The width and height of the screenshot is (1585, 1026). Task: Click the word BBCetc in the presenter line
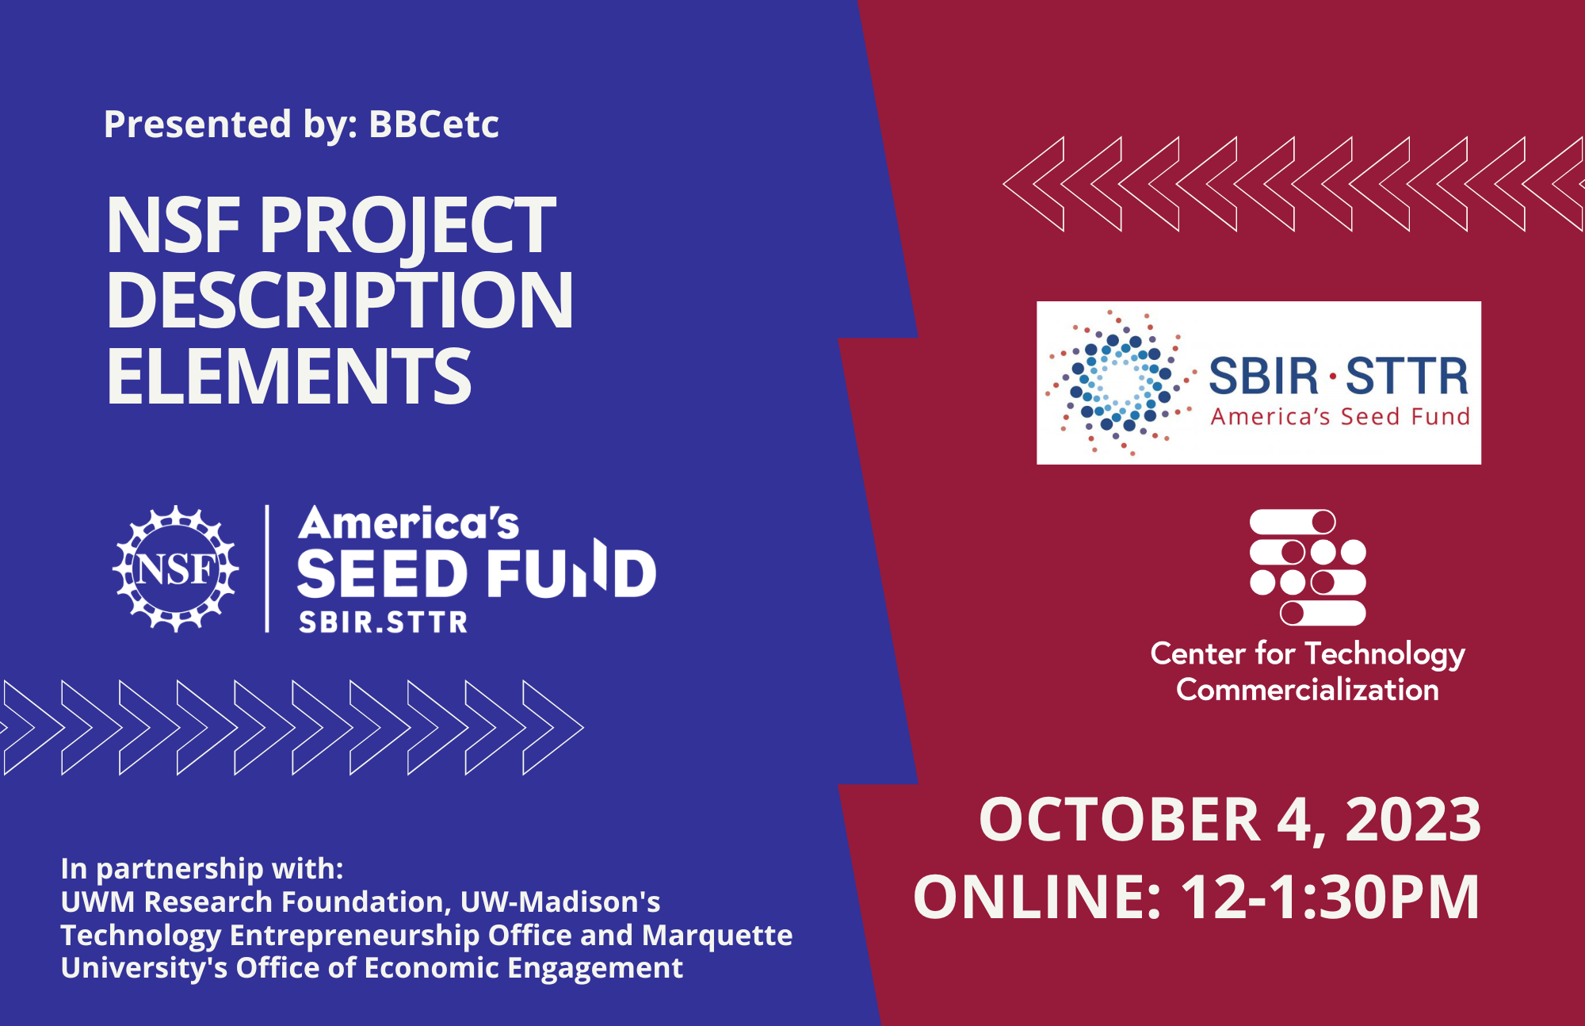pos(433,124)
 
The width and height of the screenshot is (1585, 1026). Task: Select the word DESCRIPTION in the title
pos(339,301)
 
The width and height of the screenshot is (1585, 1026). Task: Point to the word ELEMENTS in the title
pos(289,377)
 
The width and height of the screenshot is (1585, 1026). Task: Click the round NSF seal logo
pos(175,569)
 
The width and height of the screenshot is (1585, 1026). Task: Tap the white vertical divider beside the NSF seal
pos(267,569)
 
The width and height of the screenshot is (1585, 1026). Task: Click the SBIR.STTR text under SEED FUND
pos(383,622)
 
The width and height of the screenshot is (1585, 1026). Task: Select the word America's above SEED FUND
pos(408,524)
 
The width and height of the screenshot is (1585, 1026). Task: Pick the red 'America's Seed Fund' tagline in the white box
pos(1340,417)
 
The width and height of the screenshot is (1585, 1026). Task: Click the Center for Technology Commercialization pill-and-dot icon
pos(1308,567)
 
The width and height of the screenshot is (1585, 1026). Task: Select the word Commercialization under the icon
pos(1308,690)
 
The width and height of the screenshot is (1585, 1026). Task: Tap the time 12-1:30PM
pos(1330,898)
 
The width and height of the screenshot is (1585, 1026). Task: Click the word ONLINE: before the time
pos(1037,898)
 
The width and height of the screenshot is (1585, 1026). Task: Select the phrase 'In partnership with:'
pos(202,869)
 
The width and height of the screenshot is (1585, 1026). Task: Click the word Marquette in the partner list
pos(717,936)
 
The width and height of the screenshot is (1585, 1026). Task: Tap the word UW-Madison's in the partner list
pos(560,902)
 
